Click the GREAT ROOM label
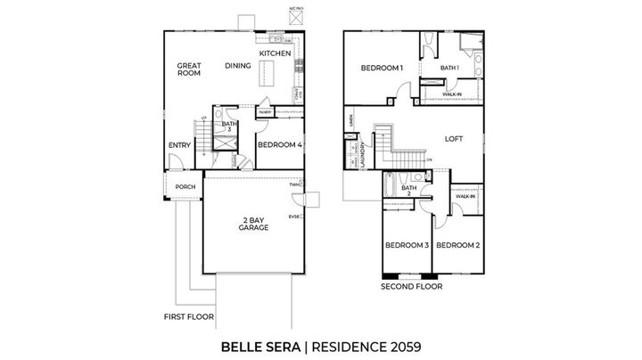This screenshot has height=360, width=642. [x=187, y=70]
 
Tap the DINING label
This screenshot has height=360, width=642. [x=237, y=65]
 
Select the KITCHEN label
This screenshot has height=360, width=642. [x=275, y=53]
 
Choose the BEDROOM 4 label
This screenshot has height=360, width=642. [x=280, y=143]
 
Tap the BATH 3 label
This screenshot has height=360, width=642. [x=229, y=127]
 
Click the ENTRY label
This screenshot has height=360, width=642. [x=178, y=146]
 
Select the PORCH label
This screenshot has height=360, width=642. [x=185, y=186]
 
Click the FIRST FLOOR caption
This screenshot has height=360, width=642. [x=187, y=316]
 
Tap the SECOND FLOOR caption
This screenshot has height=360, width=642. [x=411, y=287]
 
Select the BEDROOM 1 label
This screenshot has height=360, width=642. [x=382, y=68]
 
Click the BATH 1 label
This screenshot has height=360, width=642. [x=449, y=68]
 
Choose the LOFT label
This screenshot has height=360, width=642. [x=457, y=138]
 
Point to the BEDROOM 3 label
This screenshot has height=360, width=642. [x=407, y=245]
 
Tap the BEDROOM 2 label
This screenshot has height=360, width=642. [x=458, y=245]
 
